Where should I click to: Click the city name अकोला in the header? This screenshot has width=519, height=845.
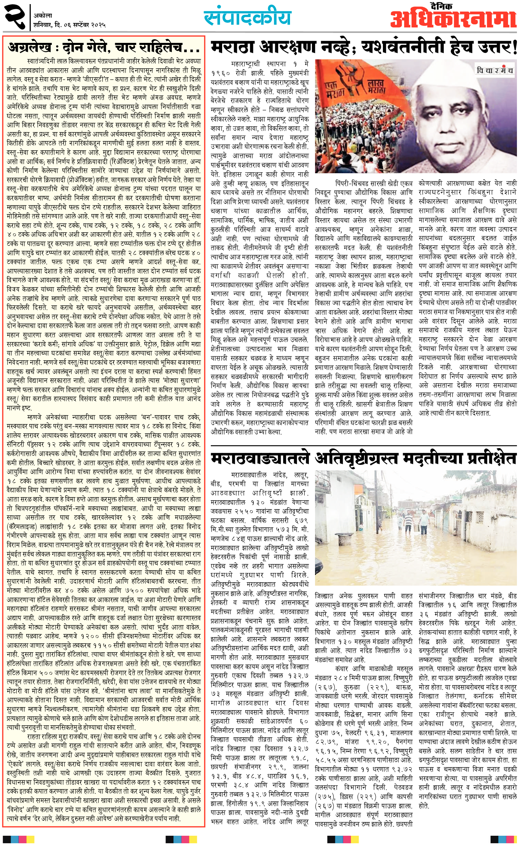43,15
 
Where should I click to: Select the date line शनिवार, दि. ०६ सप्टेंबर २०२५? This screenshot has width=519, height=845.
69,25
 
